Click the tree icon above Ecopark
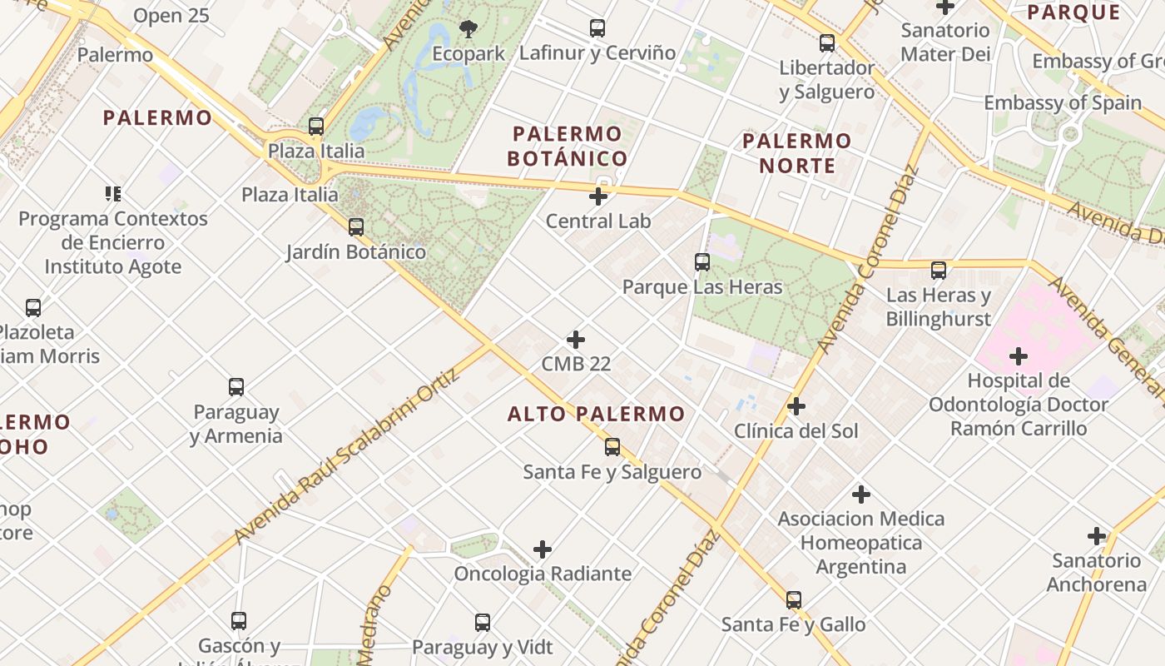468,29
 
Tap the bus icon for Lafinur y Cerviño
597,28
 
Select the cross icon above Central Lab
598,197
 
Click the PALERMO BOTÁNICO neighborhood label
568,146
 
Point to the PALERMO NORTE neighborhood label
796,153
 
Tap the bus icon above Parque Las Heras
702,262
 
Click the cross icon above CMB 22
576,340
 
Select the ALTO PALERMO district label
597,414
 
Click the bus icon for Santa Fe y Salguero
612,447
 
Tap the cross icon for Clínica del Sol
796,406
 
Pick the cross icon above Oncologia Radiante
543,549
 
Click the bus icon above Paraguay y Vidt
483,623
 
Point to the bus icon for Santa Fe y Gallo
794,599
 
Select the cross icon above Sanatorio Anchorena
1097,536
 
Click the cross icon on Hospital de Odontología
1019,357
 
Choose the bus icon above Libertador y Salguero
827,43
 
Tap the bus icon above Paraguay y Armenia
236,387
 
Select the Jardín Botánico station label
356,251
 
